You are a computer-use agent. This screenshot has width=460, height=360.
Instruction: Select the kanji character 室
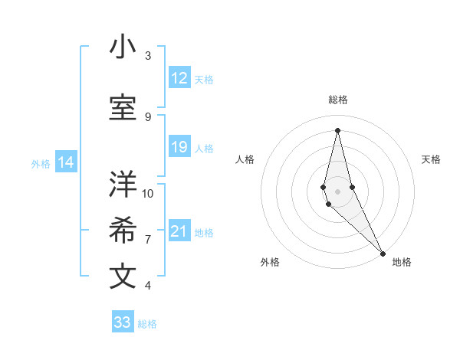click(x=123, y=108)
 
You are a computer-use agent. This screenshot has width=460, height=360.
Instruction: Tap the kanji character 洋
click(x=123, y=185)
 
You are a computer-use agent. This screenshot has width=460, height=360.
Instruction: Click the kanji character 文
click(x=123, y=277)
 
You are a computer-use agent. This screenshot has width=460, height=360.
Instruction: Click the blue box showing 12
click(x=179, y=78)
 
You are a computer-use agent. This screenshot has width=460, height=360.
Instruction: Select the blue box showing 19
click(x=179, y=147)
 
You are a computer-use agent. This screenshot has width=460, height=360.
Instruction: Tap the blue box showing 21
click(x=179, y=231)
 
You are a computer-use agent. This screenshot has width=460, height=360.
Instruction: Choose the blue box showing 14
click(x=66, y=162)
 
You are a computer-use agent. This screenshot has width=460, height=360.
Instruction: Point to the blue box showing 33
click(x=123, y=322)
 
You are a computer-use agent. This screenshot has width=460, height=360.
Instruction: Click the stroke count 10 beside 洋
click(x=148, y=193)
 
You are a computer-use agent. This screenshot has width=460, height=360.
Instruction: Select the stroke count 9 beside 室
click(x=148, y=116)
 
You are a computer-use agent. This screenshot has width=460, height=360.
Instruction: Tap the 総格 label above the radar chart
click(x=337, y=100)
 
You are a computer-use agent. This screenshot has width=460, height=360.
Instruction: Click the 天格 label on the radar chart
click(x=431, y=159)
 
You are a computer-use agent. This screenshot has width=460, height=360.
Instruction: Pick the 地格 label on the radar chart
click(x=402, y=262)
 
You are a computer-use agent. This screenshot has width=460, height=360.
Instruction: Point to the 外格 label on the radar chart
click(x=270, y=262)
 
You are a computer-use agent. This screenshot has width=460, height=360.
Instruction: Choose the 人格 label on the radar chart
click(x=245, y=159)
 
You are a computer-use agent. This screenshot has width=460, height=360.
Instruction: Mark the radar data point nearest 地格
click(x=383, y=253)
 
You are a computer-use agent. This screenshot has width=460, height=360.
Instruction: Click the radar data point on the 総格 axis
click(x=337, y=130)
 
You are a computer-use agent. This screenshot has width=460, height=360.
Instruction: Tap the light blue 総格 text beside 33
click(x=147, y=324)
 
